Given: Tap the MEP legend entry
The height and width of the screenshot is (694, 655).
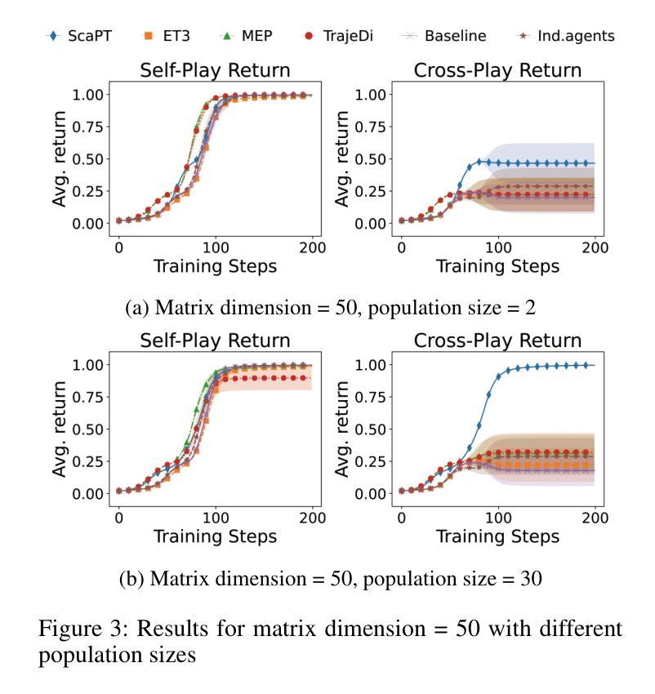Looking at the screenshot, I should pos(251,35).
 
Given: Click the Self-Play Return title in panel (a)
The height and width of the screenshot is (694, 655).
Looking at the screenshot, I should pos(216,70).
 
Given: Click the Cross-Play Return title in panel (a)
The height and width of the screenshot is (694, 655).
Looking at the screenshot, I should pos(497,70).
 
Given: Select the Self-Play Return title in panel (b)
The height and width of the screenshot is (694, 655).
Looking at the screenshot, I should pos(216,340).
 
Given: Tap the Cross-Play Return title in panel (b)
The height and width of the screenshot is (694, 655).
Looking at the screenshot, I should pos(497,340).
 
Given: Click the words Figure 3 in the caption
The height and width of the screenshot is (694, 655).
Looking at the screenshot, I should pos(78,629).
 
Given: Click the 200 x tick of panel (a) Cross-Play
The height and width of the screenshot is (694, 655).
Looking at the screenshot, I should pos(595,247).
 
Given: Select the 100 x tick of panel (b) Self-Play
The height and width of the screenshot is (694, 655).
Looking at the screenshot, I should pos(216,518).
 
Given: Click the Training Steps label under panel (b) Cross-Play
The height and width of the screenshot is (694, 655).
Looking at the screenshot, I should pos(497,536).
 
